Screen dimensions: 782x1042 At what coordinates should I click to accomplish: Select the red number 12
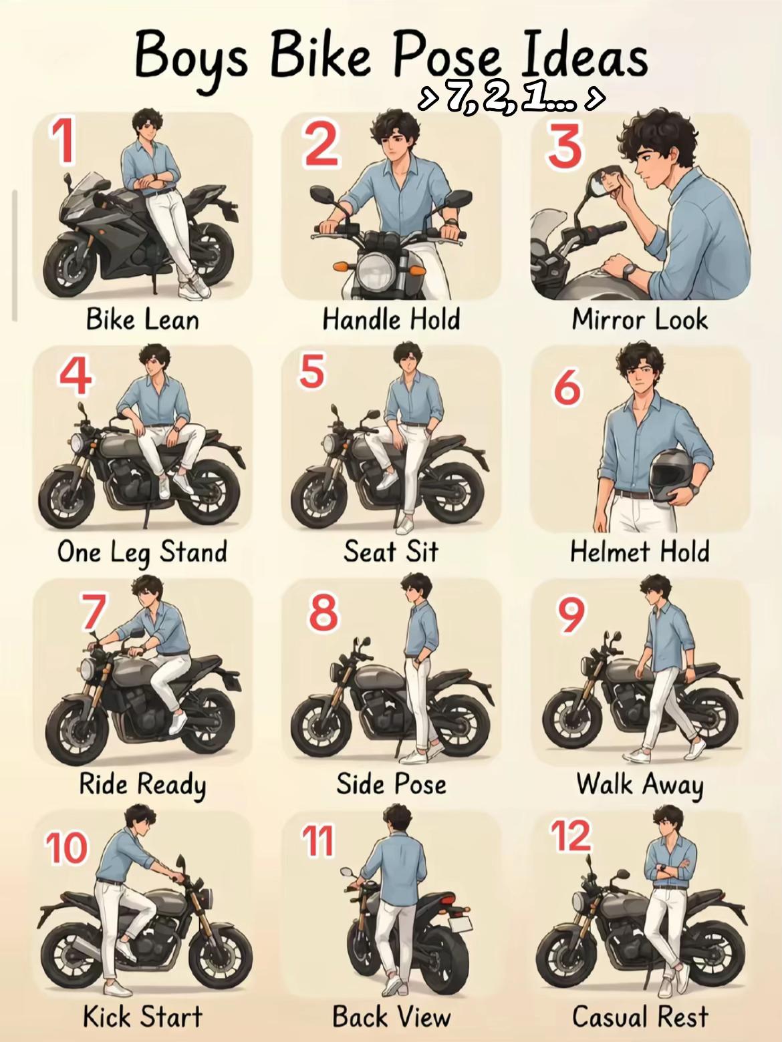point(571,836)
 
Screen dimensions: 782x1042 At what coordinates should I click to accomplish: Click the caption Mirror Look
point(640,319)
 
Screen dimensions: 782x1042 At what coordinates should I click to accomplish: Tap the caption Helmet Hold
point(640,552)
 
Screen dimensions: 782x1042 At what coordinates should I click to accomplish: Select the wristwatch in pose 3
point(629,271)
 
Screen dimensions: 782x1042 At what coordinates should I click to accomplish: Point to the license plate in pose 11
point(459,924)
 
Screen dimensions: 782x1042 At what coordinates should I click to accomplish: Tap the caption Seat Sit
point(390,552)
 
